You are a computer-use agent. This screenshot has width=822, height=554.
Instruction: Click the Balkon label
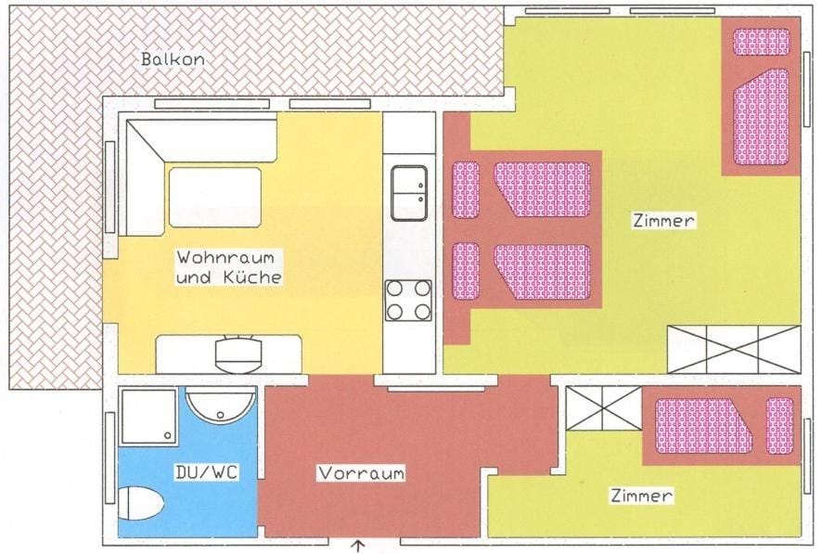(173, 59)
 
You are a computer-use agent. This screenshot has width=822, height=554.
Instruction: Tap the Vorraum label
(362, 473)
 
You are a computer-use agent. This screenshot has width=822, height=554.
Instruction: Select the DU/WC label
(207, 472)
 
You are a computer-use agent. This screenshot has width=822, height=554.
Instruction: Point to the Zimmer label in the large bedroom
(663, 221)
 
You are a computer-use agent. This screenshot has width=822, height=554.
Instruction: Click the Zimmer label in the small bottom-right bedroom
(641, 496)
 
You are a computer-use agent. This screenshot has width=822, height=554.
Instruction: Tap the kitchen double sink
(408, 193)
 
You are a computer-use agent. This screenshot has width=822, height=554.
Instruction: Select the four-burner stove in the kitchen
(408, 300)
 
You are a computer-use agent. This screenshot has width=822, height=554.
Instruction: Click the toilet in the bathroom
(142, 503)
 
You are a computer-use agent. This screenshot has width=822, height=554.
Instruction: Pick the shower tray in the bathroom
(148, 417)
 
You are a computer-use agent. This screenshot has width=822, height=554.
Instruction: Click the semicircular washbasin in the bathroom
(220, 405)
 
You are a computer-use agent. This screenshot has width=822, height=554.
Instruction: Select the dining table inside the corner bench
(214, 197)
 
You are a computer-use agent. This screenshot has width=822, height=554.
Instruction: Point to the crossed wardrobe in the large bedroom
(733, 349)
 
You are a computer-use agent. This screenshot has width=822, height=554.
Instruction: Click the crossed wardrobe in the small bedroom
(603, 408)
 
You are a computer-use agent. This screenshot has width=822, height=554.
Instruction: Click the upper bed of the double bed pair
(522, 189)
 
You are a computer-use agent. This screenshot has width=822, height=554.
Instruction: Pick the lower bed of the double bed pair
(522, 271)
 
